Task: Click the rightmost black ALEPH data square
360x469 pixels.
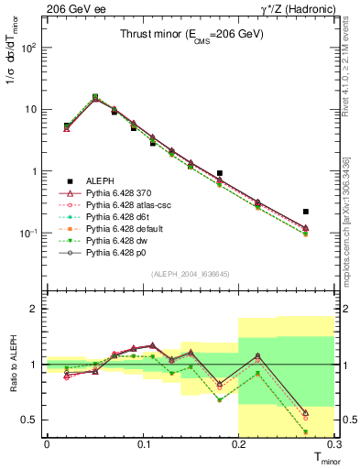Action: tap(306, 212)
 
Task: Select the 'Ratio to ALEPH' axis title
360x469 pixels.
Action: tap(13, 365)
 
